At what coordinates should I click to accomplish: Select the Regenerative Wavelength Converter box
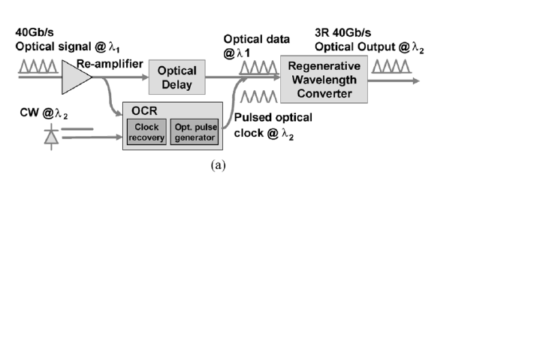point(324,78)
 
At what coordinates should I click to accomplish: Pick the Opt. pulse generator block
point(195,132)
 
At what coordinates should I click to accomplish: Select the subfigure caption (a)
point(218,165)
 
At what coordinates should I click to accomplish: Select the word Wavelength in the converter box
point(324,79)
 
